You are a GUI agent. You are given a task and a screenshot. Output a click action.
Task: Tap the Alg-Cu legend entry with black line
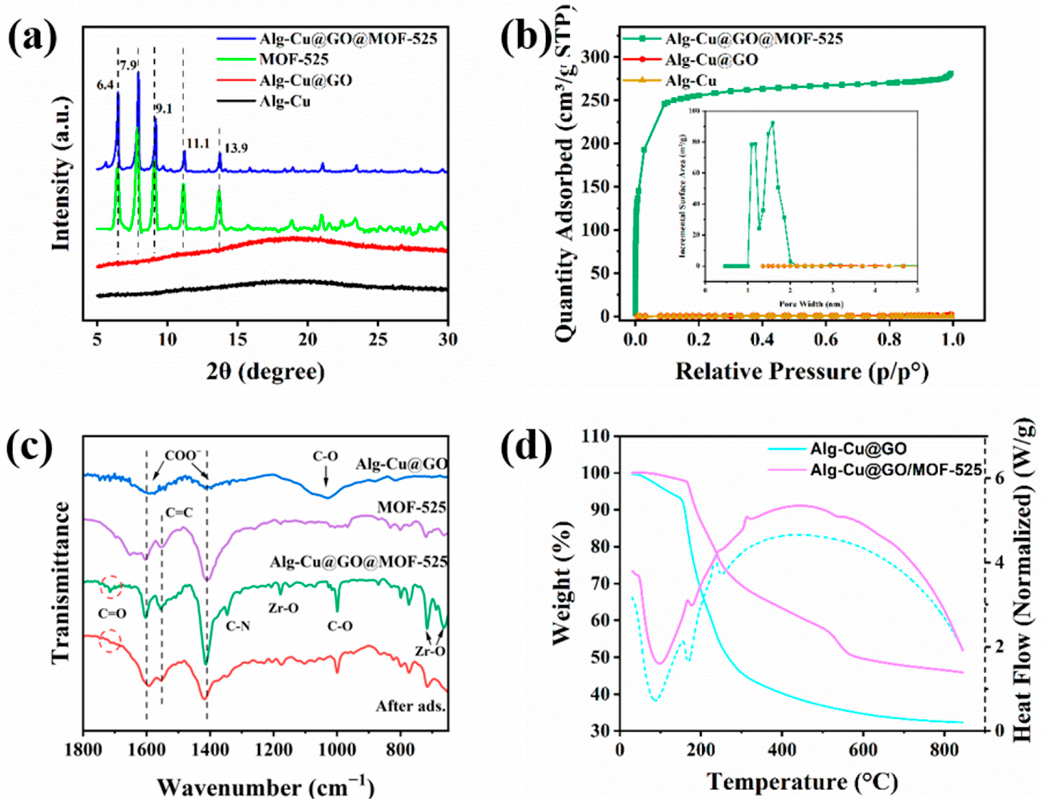tap(285, 101)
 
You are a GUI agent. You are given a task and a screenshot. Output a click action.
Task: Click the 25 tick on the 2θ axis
tap(378, 340)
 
